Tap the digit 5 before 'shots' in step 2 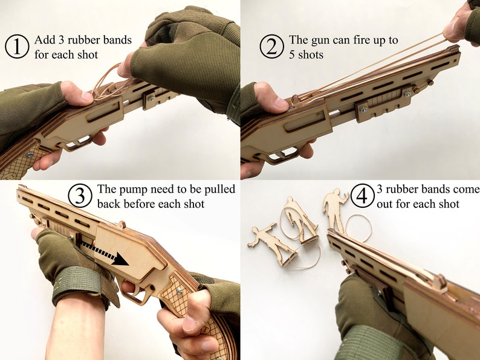(x=293, y=54)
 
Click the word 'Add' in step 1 (x=45, y=40)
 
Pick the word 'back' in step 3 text (x=109, y=204)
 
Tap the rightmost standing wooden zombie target (x=334, y=208)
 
